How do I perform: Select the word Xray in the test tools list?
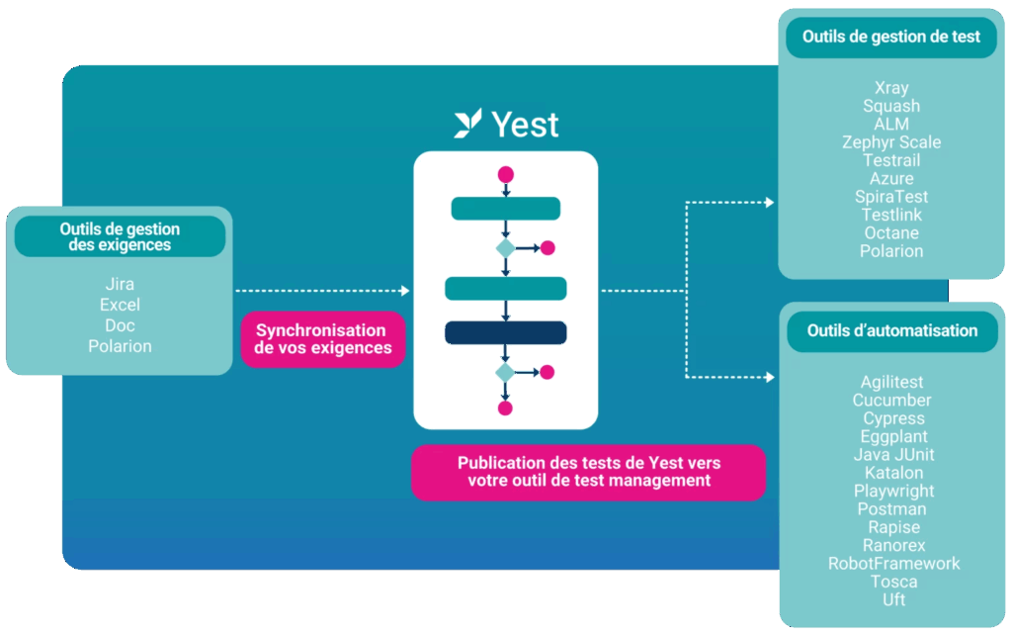tap(891, 88)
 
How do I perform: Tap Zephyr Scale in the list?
tap(891, 142)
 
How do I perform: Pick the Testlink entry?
tap(891, 215)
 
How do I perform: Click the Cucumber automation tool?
tap(891, 401)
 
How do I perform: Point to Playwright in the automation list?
tap(893, 491)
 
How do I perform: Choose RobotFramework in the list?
tap(893, 563)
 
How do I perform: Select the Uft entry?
tap(893, 599)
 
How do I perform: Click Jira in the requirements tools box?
tap(120, 285)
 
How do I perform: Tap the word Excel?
tap(120, 305)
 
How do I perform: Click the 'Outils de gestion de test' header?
tap(891, 38)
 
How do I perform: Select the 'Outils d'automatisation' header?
tap(891, 331)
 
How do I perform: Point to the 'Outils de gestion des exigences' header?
tap(120, 236)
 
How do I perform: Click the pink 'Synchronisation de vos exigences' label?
tap(322, 339)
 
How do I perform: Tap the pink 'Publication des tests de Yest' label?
tap(588, 472)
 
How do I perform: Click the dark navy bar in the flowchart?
tap(505, 332)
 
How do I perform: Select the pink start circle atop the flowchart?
tap(506, 175)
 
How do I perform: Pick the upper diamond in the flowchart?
tap(505, 248)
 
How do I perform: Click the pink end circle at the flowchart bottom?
tap(505, 408)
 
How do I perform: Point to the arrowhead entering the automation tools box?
tap(769, 377)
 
